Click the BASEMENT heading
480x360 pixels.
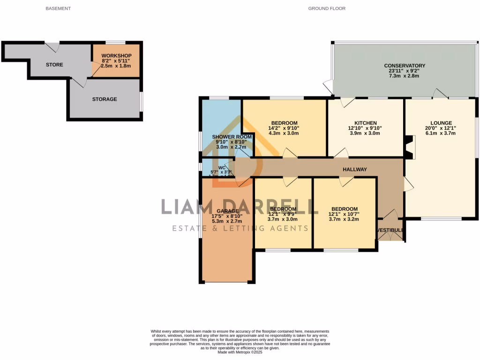[x=58, y=8]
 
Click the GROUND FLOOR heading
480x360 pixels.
[x=327, y=8]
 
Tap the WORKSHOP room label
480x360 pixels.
[x=116, y=55]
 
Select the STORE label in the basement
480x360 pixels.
[x=54, y=65]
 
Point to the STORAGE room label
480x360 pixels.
[x=105, y=99]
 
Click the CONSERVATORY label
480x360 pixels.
[x=404, y=66]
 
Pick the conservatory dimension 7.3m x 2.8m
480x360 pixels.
[x=404, y=76]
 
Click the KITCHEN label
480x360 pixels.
[x=365, y=123]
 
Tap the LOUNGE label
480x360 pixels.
[x=441, y=123]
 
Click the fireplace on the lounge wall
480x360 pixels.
[x=409, y=148]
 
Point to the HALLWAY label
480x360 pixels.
[x=354, y=169]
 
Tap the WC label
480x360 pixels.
[x=222, y=167]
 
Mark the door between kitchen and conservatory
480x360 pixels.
[x=347, y=102]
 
